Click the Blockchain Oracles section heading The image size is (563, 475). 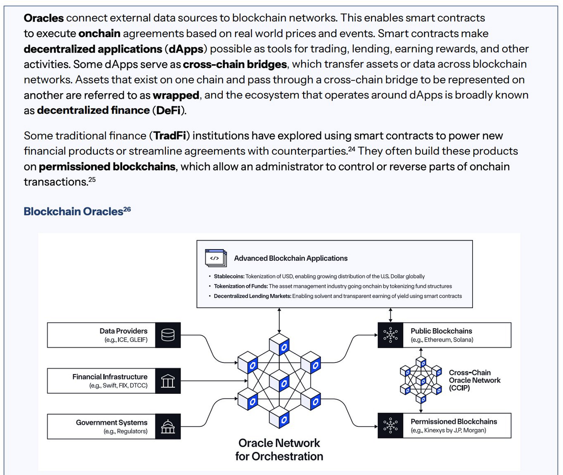point(73,212)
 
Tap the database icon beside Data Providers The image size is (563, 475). point(168,335)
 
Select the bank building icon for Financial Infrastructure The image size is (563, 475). point(168,381)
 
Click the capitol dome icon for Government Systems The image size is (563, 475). point(168,427)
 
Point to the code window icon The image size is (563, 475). point(216,258)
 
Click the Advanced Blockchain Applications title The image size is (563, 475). point(290,258)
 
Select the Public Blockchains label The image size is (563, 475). point(441,331)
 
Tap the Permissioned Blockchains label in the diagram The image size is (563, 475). point(454,422)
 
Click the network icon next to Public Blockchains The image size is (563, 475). point(390,335)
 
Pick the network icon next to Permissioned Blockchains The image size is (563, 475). point(390,425)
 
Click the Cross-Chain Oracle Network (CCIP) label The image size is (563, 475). point(474,380)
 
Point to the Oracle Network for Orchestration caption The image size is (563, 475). point(279,449)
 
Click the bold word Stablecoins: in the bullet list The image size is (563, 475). point(229,277)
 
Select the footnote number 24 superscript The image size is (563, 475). point(351,149)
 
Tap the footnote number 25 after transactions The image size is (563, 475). point(92,179)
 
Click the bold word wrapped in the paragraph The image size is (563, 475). point(176,95)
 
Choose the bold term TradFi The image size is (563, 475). point(170,136)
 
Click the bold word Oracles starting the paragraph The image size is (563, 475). point(44,18)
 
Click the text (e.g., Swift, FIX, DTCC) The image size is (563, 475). point(118,386)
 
